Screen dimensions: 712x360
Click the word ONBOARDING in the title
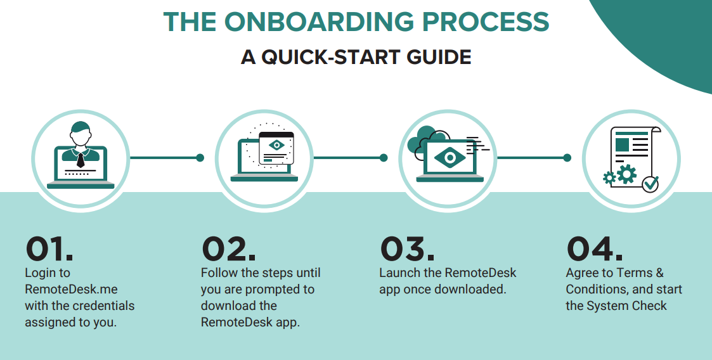click(319, 22)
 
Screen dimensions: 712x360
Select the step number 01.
click(49, 249)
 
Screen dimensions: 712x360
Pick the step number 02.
click(228, 249)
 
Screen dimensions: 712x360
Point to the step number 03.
click(407, 249)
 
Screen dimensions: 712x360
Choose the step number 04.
click(595, 249)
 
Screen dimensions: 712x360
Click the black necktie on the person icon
click(81, 160)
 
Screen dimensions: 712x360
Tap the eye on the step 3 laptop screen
click(450, 158)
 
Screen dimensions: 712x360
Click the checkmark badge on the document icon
click(651, 184)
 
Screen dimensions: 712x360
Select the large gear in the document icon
click(626, 174)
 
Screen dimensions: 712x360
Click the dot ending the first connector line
click(200, 158)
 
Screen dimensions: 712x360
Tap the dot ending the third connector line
click(567, 158)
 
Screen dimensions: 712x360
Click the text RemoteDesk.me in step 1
click(71, 289)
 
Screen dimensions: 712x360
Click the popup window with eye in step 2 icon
click(276, 148)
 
